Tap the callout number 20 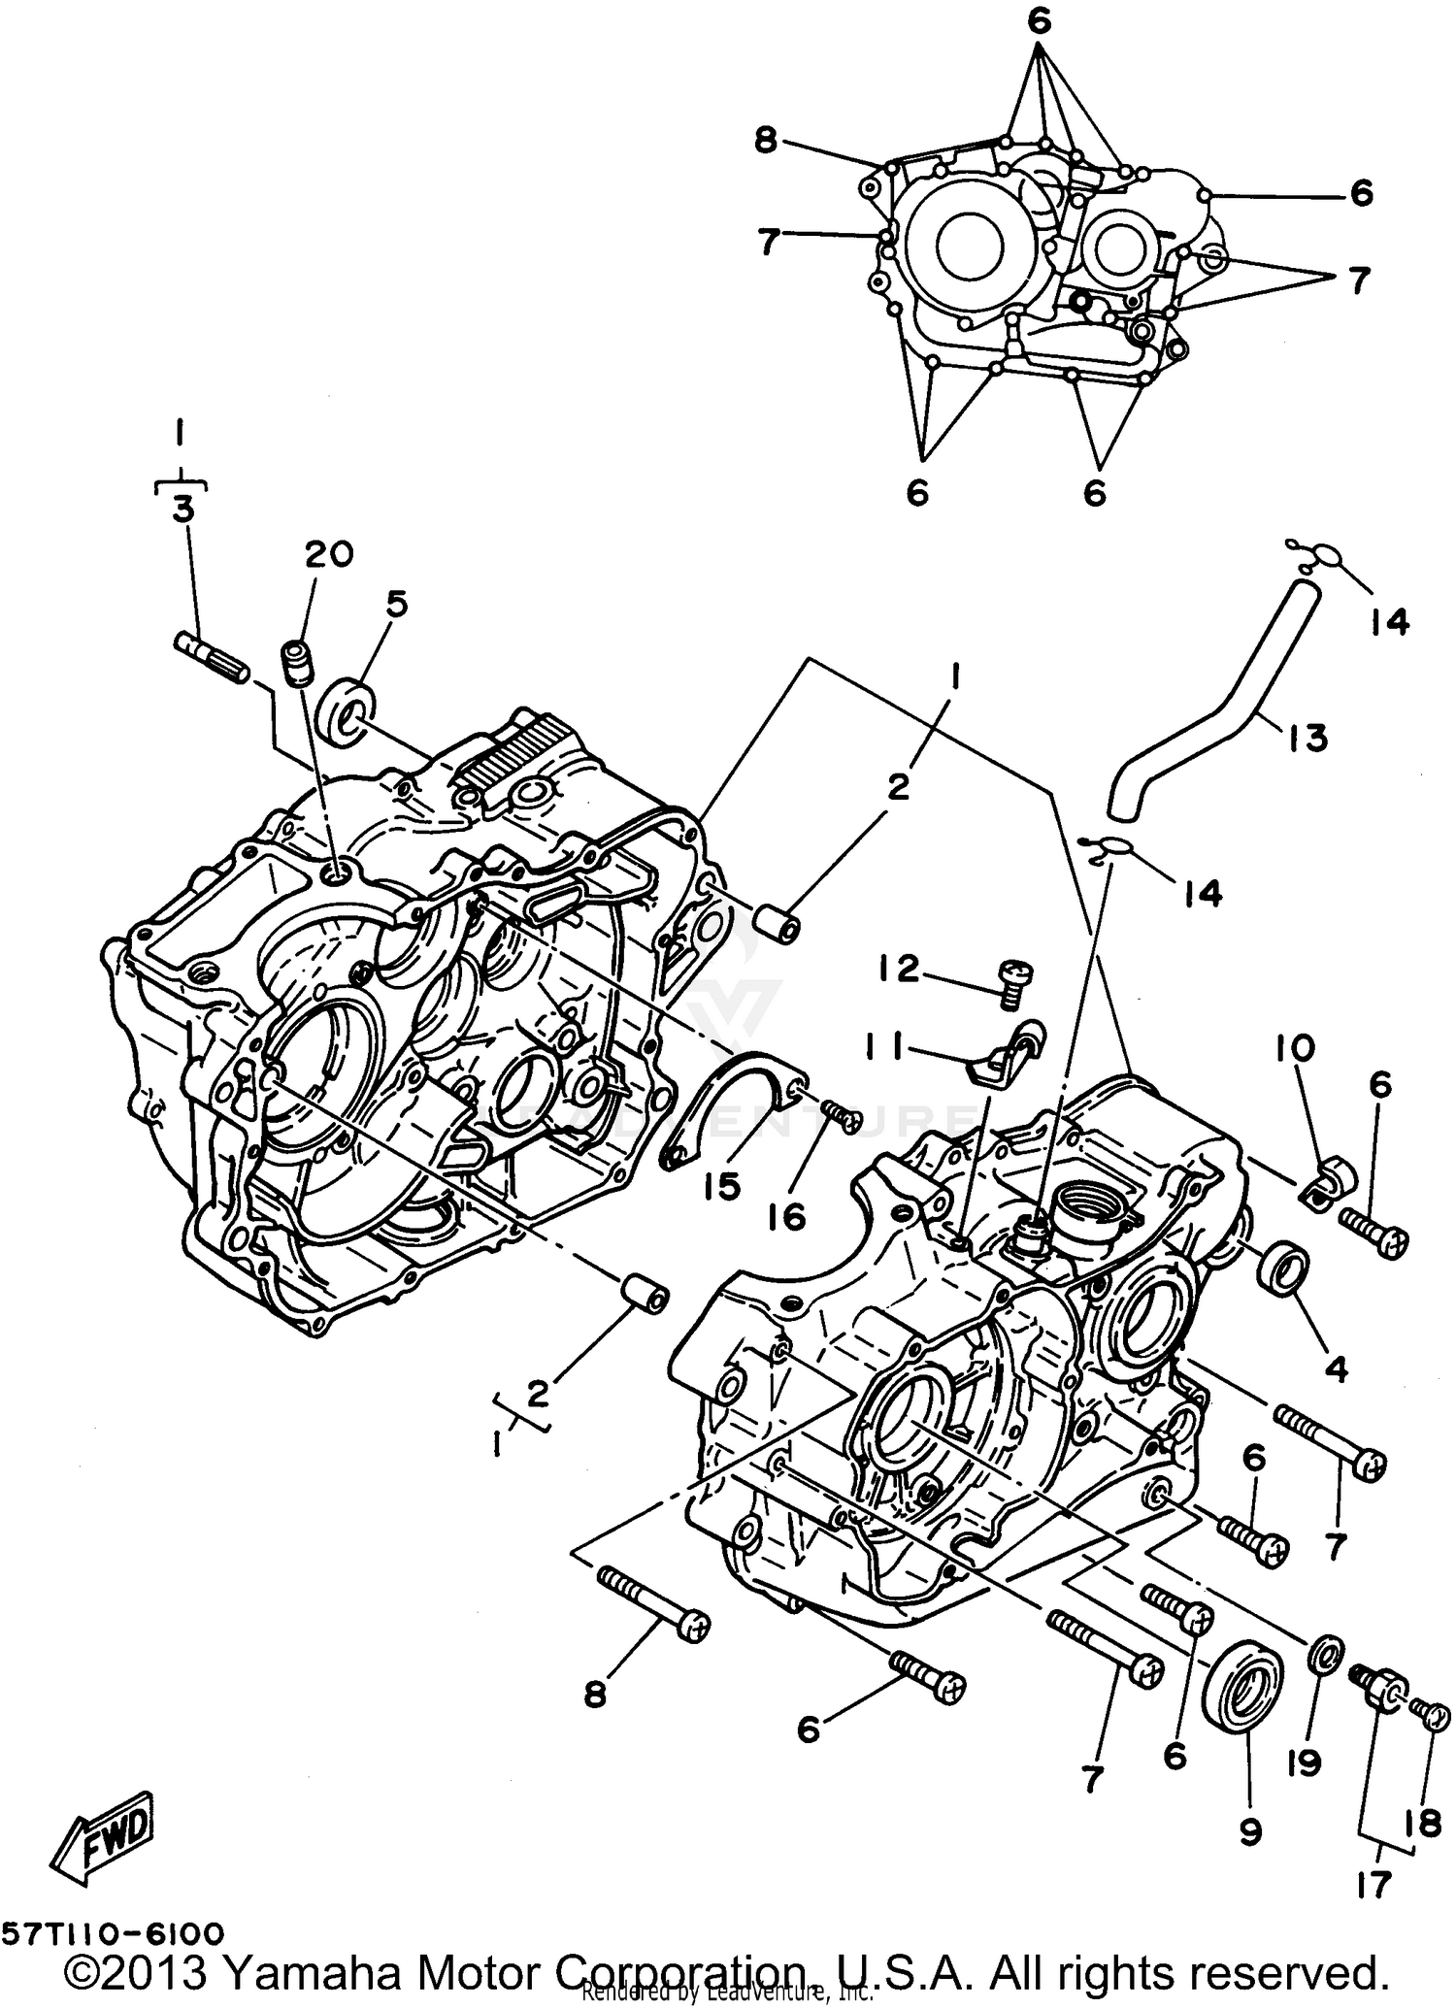point(328,555)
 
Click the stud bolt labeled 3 point(212,657)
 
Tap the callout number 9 point(1250,1830)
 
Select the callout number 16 point(791,1215)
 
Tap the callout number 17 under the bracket point(1376,1885)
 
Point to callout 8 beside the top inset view point(766,142)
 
